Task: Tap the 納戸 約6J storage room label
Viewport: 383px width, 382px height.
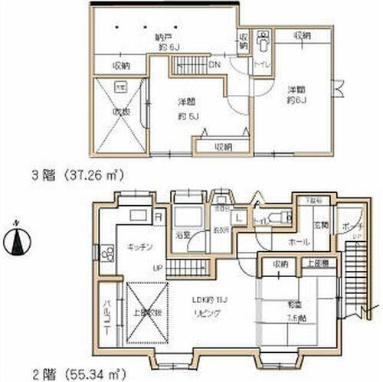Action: [163, 41]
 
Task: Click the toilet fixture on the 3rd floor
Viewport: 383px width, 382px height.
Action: [263, 39]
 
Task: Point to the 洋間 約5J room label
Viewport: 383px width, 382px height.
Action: [188, 109]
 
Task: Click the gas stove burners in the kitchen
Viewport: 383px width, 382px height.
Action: [106, 255]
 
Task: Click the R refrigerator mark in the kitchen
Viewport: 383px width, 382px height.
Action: [157, 217]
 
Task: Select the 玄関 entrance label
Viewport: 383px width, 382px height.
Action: [319, 225]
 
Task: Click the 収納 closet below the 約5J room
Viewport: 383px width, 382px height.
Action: [223, 146]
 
